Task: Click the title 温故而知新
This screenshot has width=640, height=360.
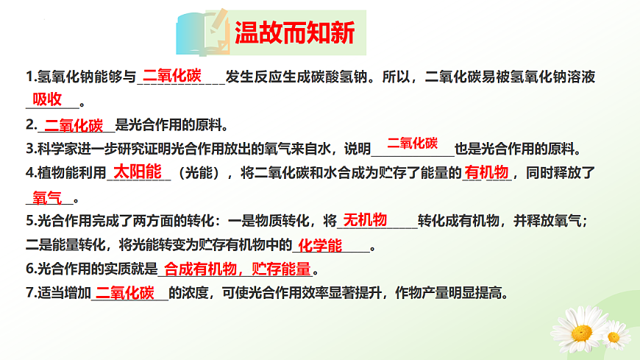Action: (294, 32)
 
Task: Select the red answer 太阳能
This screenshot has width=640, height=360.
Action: (138, 172)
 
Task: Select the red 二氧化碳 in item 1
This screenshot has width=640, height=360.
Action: (172, 75)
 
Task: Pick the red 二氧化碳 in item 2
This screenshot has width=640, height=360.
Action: (74, 124)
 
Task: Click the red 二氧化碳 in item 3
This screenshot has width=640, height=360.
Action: (413, 143)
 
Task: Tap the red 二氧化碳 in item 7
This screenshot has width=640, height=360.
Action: (125, 292)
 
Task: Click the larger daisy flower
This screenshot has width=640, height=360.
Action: (580, 330)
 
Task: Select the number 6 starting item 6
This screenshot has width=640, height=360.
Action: (29, 269)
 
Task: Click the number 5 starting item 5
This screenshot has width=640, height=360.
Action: (29, 220)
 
